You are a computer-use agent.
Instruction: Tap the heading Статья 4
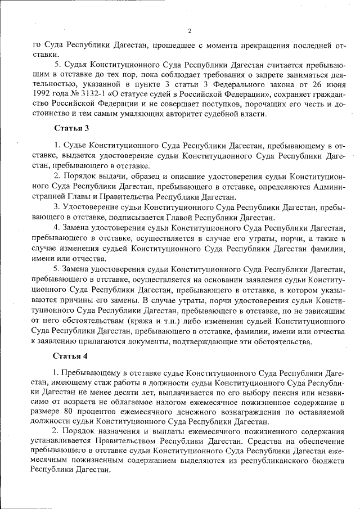click(70, 357)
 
